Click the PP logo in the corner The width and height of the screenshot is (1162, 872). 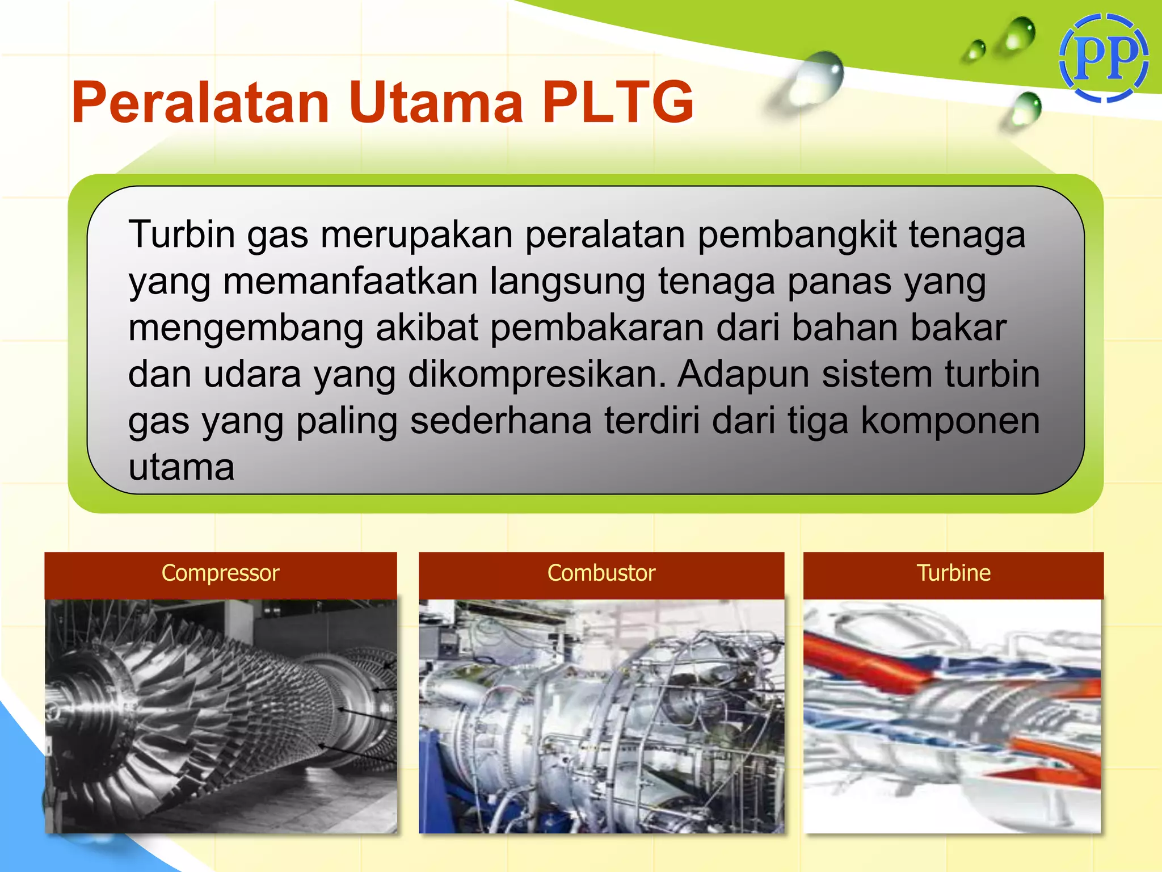pos(1104,58)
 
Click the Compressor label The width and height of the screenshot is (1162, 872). pos(220,573)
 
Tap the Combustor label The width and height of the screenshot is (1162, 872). pos(601,573)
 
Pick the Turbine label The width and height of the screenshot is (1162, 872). pos(953,573)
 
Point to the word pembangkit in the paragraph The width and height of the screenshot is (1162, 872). pos(797,235)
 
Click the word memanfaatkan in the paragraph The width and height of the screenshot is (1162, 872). pos(350,282)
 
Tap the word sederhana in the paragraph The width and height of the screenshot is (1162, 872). pos(500,421)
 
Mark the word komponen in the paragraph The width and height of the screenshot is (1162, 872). pos(950,421)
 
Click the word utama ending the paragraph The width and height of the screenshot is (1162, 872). pos(182,468)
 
